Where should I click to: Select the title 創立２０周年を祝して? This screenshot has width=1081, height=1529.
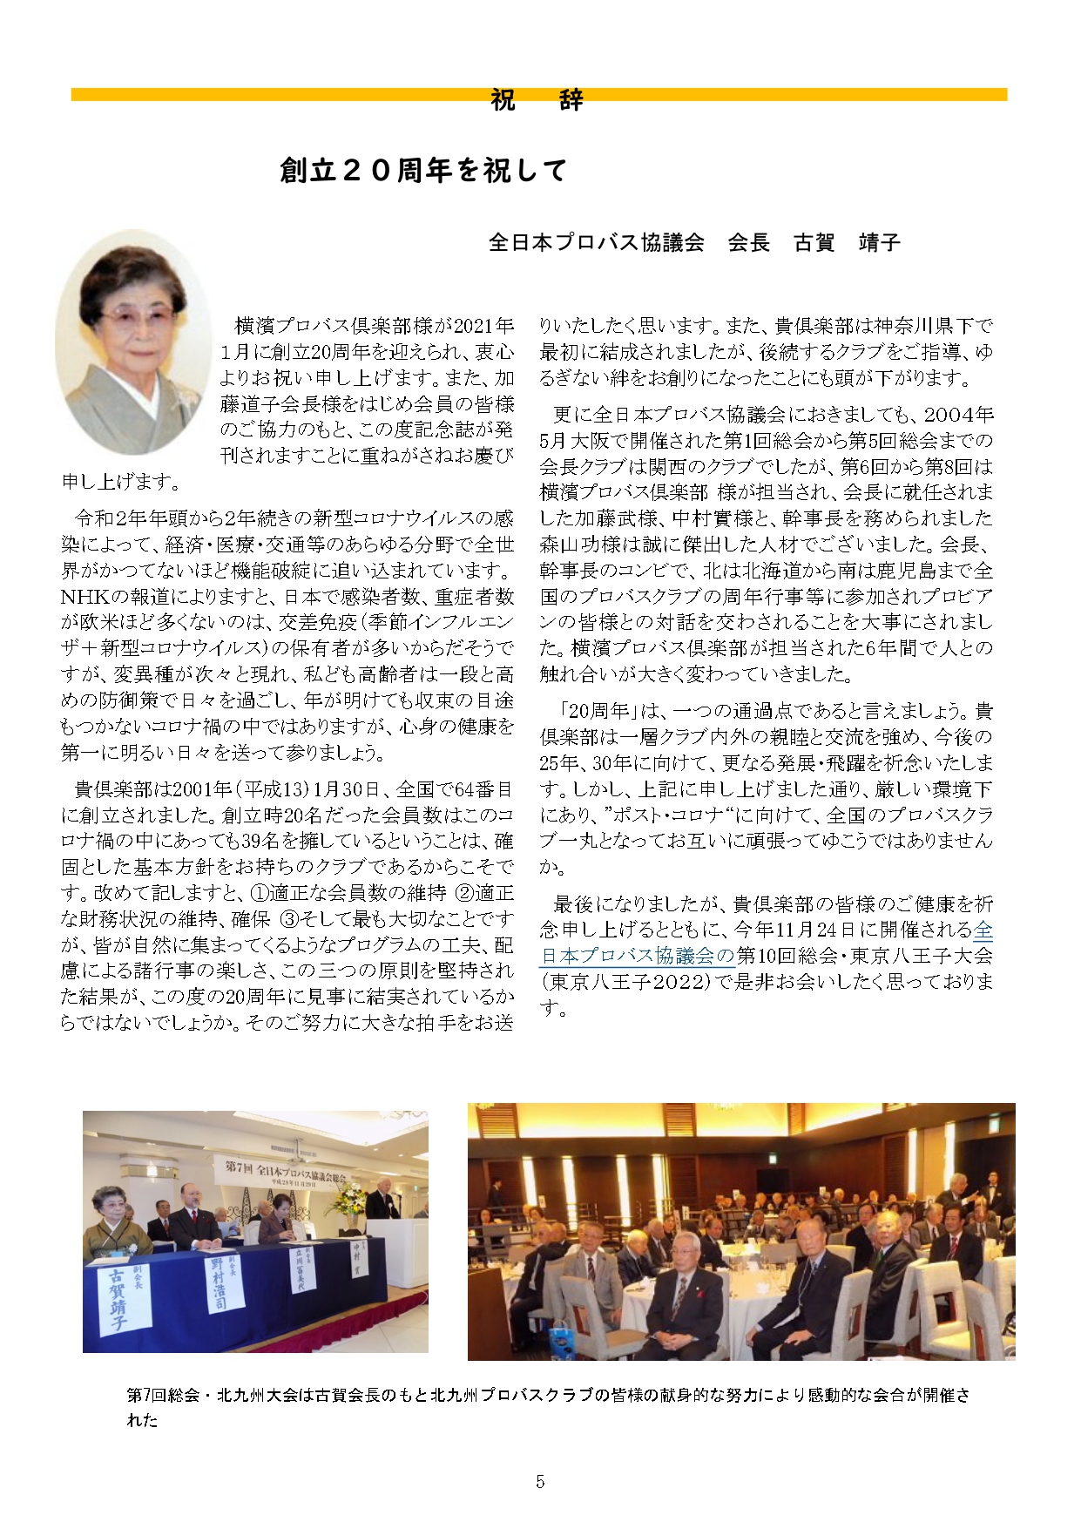pos(423,170)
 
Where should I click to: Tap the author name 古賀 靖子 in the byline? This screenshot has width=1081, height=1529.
pos(846,242)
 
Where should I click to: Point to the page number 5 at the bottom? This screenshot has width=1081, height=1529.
pos(540,1481)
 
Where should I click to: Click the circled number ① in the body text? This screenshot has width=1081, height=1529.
pos(260,893)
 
